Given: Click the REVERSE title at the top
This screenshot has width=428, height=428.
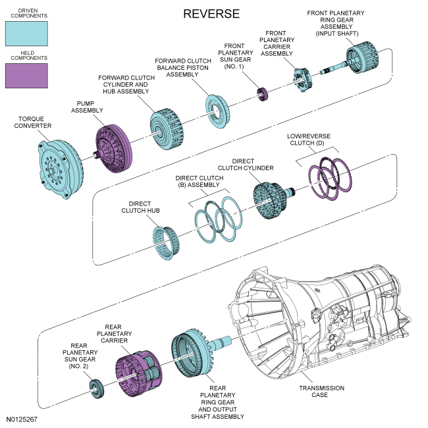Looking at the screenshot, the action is (x=211, y=14).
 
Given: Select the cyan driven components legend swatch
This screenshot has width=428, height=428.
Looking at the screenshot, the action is (x=26, y=34).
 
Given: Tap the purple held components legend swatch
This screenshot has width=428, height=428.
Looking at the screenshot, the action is (x=26, y=76).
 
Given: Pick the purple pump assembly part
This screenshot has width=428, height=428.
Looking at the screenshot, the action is (x=114, y=149).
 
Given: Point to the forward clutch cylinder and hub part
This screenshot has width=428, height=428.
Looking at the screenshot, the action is (x=167, y=129).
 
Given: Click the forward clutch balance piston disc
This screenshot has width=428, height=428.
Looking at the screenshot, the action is (x=217, y=111).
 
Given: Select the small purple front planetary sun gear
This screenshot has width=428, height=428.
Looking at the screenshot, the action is (x=262, y=94).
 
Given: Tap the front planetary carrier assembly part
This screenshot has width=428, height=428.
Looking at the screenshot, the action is (x=302, y=79).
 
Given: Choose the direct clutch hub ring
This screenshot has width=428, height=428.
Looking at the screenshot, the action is (x=166, y=243).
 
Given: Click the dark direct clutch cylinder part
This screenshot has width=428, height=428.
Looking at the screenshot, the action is (x=271, y=200).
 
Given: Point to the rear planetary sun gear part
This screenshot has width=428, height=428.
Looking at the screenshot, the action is (x=97, y=388).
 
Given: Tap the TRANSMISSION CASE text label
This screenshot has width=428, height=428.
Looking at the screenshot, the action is (x=321, y=391).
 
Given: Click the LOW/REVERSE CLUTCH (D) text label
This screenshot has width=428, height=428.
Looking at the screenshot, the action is (x=308, y=140).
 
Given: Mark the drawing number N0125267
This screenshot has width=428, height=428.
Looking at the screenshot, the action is (x=22, y=419).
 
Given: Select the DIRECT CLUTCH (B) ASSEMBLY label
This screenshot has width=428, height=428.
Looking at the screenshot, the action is (x=200, y=181).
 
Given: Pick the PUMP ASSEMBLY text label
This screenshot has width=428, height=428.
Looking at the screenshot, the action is (x=87, y=107).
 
